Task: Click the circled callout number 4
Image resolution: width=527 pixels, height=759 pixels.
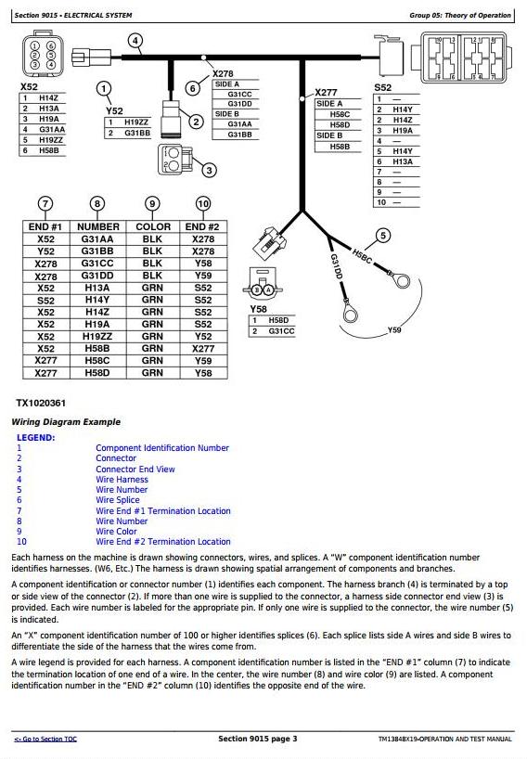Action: [x=135, y=41]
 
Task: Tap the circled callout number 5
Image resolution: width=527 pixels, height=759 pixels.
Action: [x=383, y=236]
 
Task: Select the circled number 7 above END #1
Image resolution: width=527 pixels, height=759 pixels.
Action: [x=45, y=204]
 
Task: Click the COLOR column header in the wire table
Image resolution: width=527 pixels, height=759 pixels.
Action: [x=153, y=226]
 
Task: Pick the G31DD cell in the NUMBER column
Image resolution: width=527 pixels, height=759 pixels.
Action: [x=97, y=276]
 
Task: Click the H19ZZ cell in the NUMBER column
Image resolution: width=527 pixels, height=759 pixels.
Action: [x=97, y=337]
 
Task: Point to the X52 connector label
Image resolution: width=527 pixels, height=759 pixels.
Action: [x=29, y=87]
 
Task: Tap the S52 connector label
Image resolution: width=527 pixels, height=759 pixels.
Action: [x=383, y=87]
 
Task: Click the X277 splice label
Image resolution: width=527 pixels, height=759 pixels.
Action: [x=327, y=93]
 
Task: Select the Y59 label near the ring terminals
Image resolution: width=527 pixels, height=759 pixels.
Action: [x=394, y=330]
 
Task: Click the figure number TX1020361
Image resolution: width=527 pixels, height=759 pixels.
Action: [x=41, y=404]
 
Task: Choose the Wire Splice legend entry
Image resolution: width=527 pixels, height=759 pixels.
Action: [x=118, y=500]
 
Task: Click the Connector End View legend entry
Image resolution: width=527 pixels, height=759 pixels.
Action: [x=135, y=470]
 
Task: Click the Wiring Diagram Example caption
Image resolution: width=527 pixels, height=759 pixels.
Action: [x=66, y=422]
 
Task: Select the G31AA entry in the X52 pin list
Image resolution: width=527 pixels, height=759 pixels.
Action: [x=52, y=130]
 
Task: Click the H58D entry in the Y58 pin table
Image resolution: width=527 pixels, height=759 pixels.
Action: [x=278, y=320]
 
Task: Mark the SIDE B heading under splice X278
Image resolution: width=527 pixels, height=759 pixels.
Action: [x=227, y=114]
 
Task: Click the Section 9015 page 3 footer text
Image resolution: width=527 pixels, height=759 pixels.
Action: [x=258, y=739]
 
